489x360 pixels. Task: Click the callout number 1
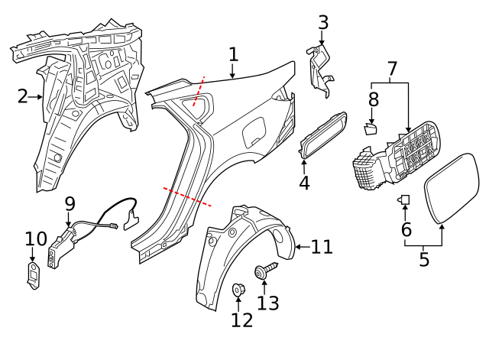233,54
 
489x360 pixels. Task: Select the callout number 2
23,96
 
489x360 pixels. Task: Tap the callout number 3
322,23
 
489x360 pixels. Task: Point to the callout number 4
304,183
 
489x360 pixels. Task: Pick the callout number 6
406,229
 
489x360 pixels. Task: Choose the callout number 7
392,70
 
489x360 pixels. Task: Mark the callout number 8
373,99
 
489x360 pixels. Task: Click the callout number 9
70,204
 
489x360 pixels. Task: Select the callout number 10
35,239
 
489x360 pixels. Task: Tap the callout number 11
322,246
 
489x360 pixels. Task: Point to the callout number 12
241,319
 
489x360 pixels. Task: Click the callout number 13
267,303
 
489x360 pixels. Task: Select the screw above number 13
264,271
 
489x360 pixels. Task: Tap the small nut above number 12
237,290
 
